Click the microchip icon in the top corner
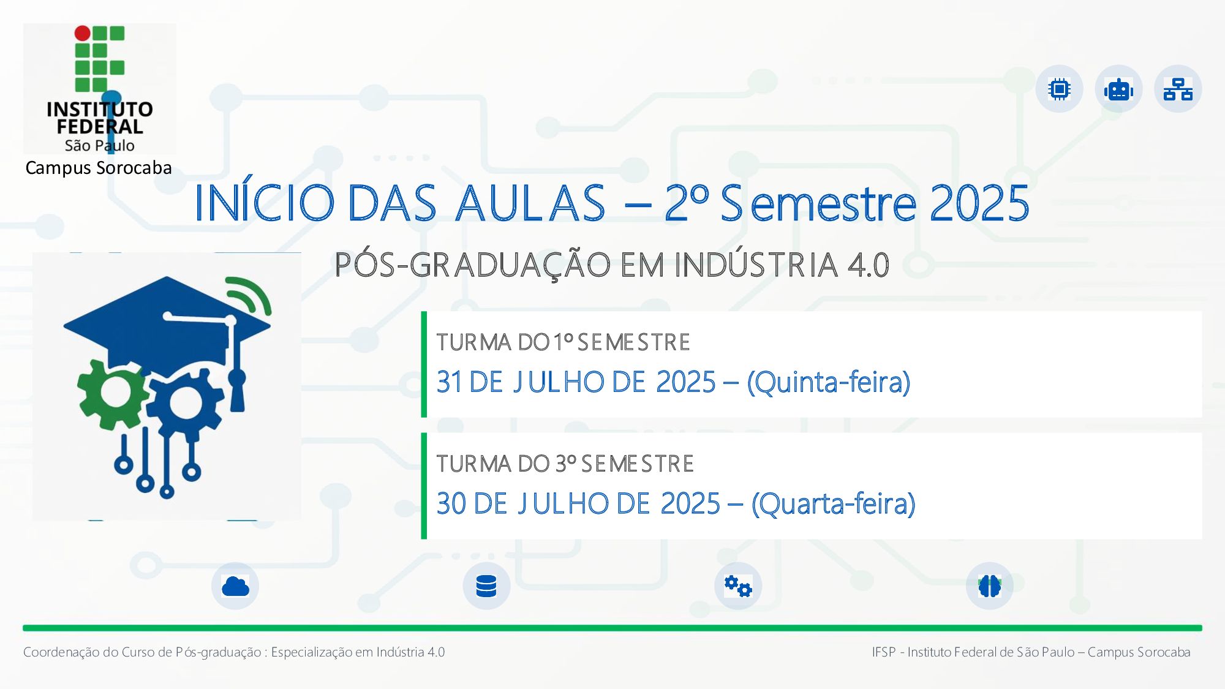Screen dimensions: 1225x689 pyautogui.click(x=1059, y=89)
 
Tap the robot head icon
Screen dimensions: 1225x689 pyautogui.click(x=1118, y=89)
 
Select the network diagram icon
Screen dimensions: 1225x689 pyautogui.click(x=1178, y=89)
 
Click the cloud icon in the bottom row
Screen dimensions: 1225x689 pyautogui.click(x=235, y=586)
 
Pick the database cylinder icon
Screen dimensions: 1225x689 pyautogui.click(x=486, y=586)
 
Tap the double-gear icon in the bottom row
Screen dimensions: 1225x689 pyautogui.click(x=738, y=586)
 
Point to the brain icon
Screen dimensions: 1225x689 pyautogui.click(x=990, y=586)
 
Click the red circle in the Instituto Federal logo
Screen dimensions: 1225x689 pyautogui.click(x=83, y=33)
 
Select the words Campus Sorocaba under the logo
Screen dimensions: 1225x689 pyautogui.click(x=99, y=168)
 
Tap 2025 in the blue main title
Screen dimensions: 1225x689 pyautogui.click(x=979, y=203)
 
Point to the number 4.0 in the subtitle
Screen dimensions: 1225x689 pyautogui.click(x=869, y=265)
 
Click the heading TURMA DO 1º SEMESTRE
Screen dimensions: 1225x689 pyautogui.click(x=563, y=342)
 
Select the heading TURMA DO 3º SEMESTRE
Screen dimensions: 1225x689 pyautogui.click(x=565, y=464)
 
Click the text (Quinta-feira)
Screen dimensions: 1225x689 pyautogui.click(x=829, y=382)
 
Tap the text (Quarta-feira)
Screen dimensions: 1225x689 pyautogui.click(x=834, y=503)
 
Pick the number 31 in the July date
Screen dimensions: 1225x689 pyautogui.click(x=449, y=382)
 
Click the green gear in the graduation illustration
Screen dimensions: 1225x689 pyautogui.click(x=114, y=394)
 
